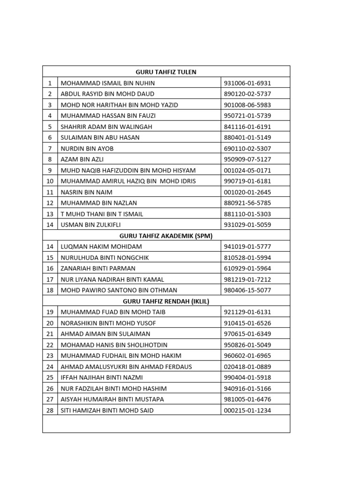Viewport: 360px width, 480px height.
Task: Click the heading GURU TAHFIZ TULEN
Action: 166,72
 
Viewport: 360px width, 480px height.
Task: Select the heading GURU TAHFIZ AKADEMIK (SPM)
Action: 166,236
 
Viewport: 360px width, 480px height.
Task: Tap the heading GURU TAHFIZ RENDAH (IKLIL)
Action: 166,301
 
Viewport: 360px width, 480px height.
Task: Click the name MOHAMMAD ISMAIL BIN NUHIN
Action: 108,83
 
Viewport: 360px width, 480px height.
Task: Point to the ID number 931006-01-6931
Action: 248,83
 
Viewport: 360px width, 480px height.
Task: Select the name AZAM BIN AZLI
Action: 82,159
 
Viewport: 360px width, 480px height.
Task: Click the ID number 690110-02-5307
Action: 248,149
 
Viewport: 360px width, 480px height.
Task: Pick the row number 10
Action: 50,181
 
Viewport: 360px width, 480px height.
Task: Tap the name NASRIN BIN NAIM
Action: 87,192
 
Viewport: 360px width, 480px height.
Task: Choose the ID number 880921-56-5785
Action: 248,203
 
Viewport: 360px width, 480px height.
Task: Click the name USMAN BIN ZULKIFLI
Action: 91,225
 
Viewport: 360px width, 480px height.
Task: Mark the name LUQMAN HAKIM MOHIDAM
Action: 101,247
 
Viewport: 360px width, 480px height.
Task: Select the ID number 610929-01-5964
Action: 248,269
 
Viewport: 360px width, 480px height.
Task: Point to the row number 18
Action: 50,290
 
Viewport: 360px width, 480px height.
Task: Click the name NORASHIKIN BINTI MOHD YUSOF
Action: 108,323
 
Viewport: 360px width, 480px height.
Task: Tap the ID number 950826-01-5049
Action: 248,345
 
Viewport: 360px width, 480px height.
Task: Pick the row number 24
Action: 50,367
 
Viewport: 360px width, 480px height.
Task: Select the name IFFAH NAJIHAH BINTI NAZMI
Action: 102,377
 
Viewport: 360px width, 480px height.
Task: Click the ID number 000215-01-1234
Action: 248,411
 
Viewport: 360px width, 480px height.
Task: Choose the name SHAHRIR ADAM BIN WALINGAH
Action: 106,127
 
